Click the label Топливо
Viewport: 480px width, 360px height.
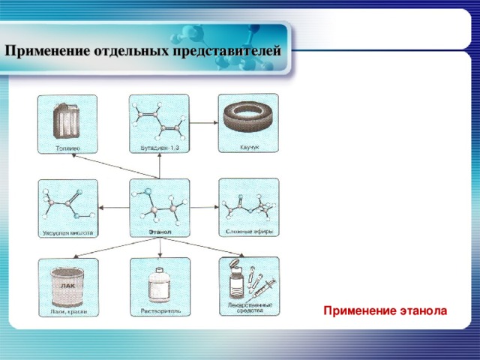(x=68, y=147)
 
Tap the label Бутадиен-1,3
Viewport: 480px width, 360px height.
(x=159, y=148)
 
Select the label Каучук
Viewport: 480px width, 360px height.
(x=249, y=147)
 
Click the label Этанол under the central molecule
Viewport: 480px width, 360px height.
(x=159, y=232)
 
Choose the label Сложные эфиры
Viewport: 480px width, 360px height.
(x=249, y=230)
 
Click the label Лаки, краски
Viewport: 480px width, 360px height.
(x=68, y=311)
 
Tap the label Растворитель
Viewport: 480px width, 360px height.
(x=159, y=310)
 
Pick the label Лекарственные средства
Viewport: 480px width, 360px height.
(x=249, y=309)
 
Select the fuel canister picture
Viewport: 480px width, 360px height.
(x=66, y=121)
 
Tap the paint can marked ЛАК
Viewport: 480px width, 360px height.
(x=67, y=285)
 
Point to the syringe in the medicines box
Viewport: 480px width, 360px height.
(x=262, y=286)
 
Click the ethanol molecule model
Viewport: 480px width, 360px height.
(x=159, y=206)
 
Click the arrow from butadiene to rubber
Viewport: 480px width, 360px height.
(x=202, y=121)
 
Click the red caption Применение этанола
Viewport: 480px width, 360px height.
(x=385, y=309)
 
